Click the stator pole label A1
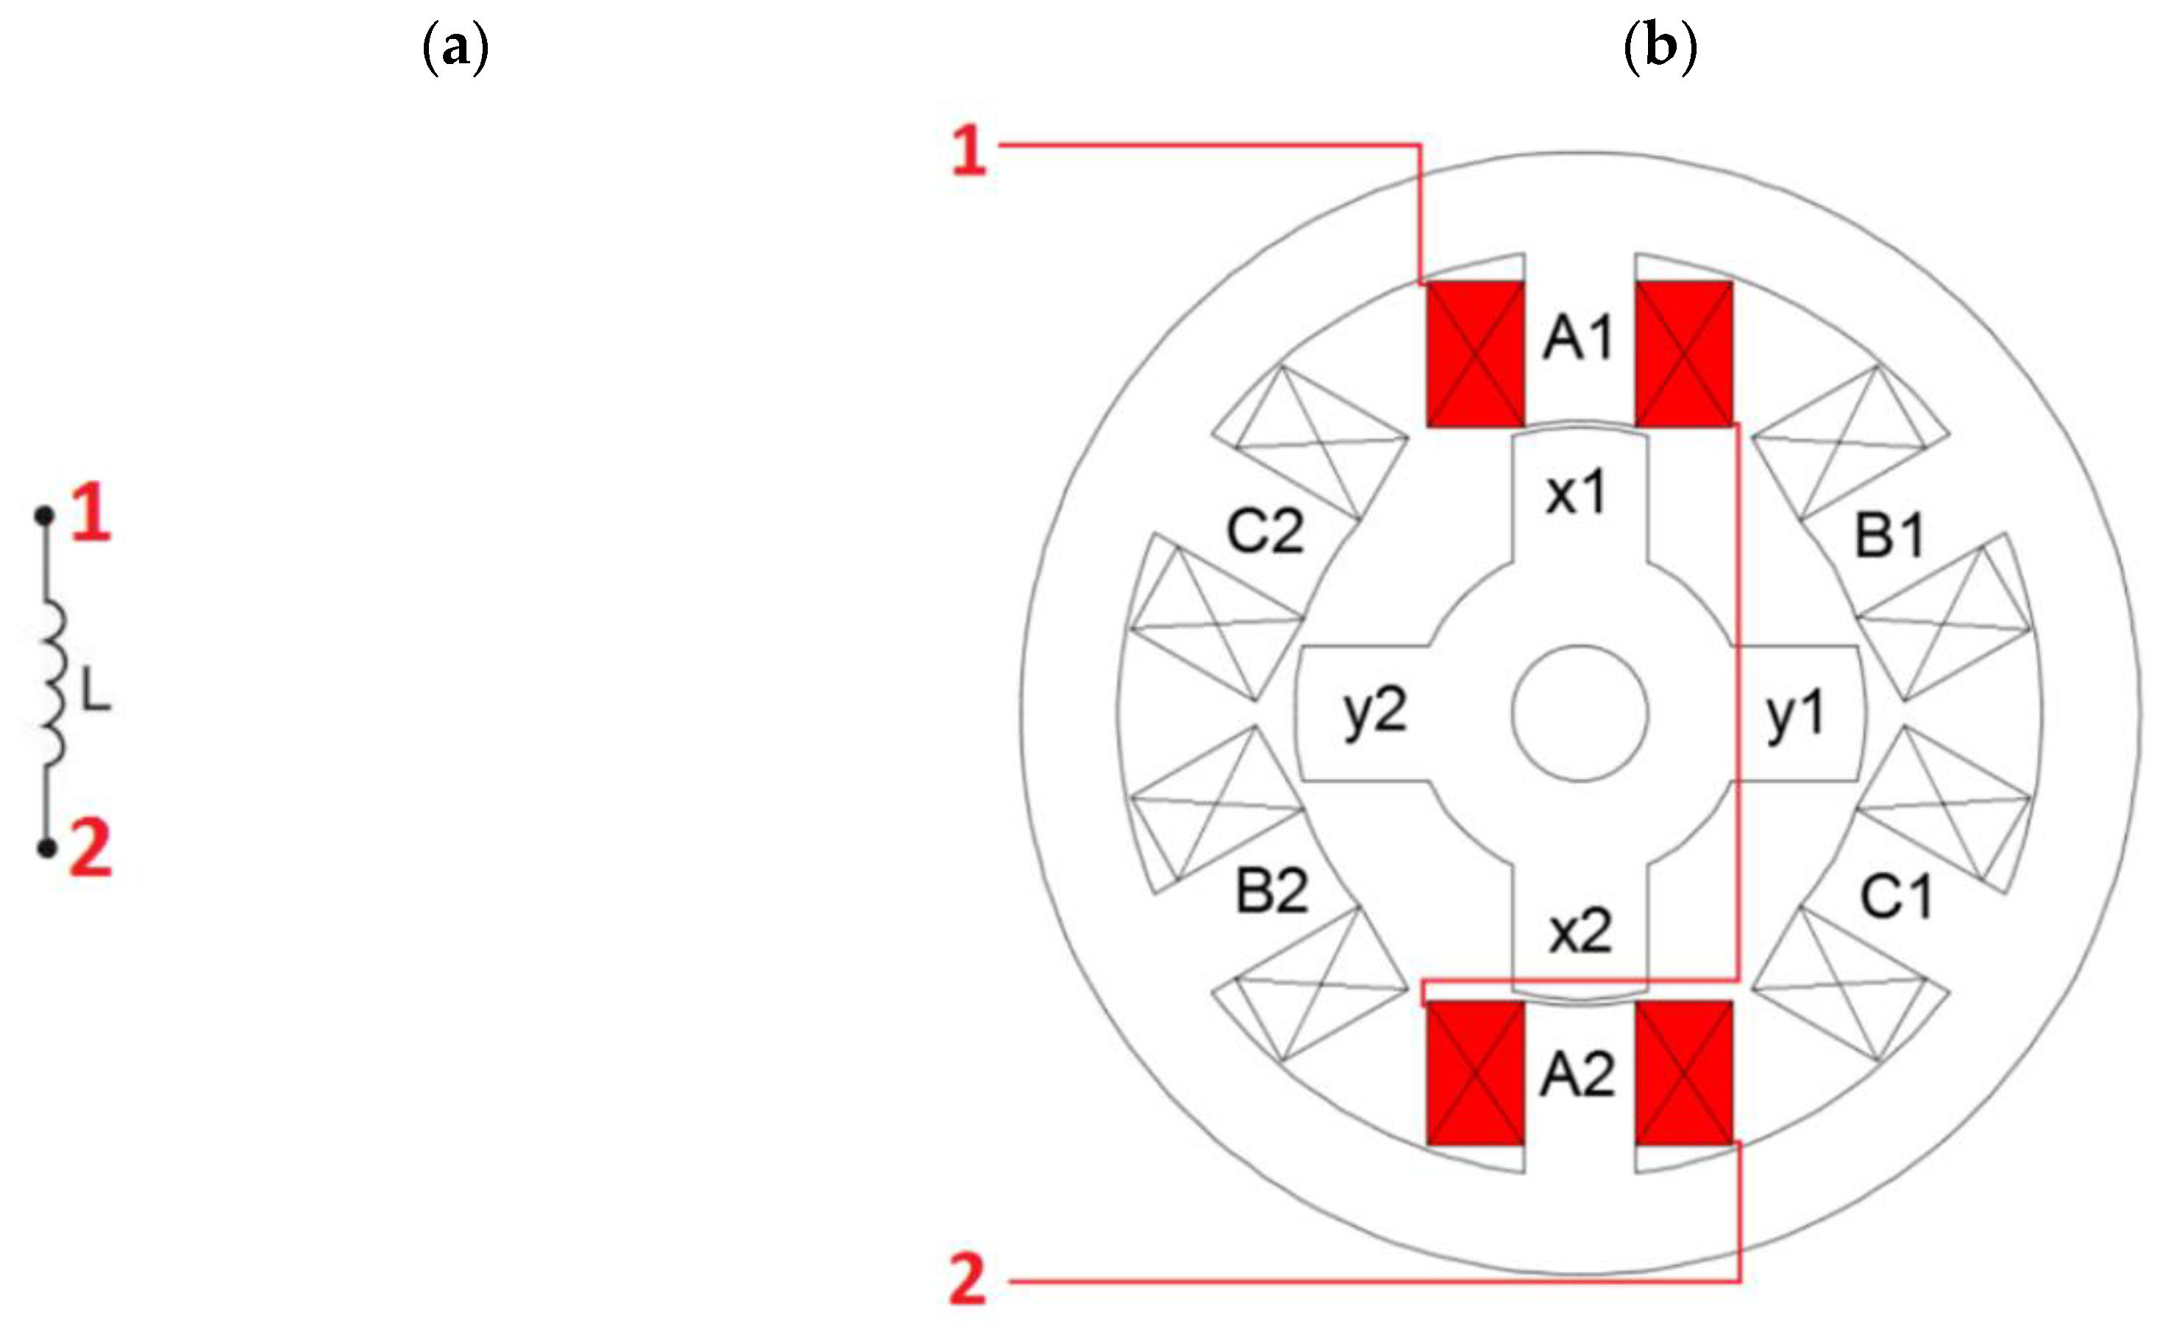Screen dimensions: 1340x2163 (x=1577, y=338)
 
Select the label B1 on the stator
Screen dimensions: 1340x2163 (x=1889, y=536)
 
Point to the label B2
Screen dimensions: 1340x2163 (x=1271, y=892)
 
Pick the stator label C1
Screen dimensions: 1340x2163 (x=1895, y=897)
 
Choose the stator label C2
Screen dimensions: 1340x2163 (x=1265, y=532)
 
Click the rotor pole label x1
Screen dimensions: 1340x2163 (x=1575, y=493)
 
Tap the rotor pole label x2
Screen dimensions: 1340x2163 (x=1580, y=932)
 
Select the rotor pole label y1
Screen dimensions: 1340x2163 (x=1795, y=715)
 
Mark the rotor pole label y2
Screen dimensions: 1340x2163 (x=1375, y=712)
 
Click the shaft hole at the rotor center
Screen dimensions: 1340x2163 (x=1580, y=714)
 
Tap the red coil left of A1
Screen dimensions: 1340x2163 (x=1475, y=355)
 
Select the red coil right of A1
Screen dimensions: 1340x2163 (x=1683, y=355)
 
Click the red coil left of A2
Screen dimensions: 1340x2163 (x=1475, y=1073)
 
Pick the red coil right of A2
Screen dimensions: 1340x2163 (x=1683, y=1073)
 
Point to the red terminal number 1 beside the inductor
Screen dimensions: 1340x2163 (x=91, y=512)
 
